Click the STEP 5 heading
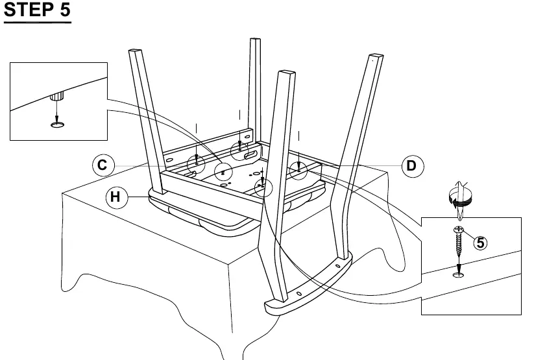[x=37, y=10]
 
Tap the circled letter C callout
[x=103, y=165]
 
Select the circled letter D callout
[x=412, y=166]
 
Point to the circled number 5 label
[x=480, y=243]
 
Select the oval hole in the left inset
[x=57, y=125]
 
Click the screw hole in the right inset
[x=458, y=274]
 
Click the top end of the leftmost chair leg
[x=135, y=51]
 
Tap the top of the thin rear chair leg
[x=255, y=40]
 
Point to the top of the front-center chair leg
[x=286, y=73]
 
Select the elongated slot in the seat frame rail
[x=252, y=155]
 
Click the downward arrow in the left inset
[x=57, y=111]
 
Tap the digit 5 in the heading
[x=66, y=10]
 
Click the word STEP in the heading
[x=29, y=10]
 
